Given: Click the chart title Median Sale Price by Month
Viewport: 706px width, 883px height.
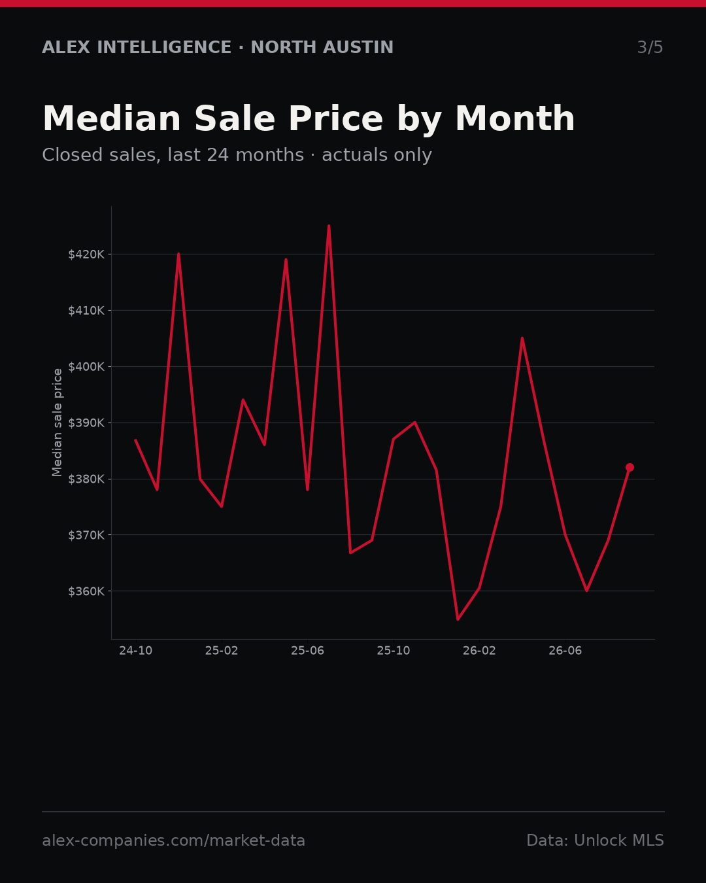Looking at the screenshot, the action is coord(309,119).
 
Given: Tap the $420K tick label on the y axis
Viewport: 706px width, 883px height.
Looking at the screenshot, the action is coord(86,254).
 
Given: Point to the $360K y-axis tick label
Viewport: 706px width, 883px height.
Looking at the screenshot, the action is coord(86,591).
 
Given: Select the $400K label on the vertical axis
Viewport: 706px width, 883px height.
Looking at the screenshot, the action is coord(86,367).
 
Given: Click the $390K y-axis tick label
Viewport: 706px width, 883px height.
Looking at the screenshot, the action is coord(86,423).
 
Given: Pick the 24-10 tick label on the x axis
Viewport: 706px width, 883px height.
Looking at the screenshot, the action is coord(136,651).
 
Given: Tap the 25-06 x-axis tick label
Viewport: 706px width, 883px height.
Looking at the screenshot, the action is coord(308,651).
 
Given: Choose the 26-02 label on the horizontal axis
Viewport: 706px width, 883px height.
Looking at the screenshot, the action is coord(480,651).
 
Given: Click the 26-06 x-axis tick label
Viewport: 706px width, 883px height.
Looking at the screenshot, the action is coord(565,651).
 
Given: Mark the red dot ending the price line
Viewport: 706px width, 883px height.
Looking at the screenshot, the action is coord(630,468).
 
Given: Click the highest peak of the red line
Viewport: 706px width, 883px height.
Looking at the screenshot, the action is coord(329,226).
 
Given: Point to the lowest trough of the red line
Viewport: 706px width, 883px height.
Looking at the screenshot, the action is coord(458,619).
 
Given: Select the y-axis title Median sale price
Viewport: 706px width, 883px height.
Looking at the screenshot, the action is coord(58,423).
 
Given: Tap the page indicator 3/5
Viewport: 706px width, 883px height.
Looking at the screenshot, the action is coord(650,47).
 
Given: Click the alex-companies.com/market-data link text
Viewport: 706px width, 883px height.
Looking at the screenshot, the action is coord(173,840).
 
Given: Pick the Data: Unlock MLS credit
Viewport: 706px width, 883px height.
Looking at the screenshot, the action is coord(596,840).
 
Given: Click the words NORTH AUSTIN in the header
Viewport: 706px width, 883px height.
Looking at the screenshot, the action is coord(322,47).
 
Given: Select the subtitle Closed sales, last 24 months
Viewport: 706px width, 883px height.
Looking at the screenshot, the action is coord(173,155).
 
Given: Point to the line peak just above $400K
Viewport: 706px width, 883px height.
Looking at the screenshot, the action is coord(522,339).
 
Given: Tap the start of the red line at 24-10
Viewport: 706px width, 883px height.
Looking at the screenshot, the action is coord(135,440).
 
